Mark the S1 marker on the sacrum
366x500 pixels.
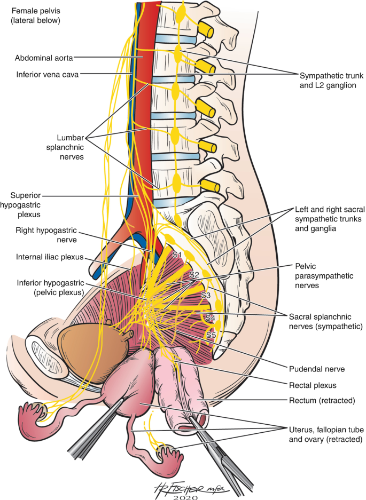coord(177,255)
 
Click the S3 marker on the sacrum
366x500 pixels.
coord(206,295)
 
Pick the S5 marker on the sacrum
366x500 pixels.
coord(211,336)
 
